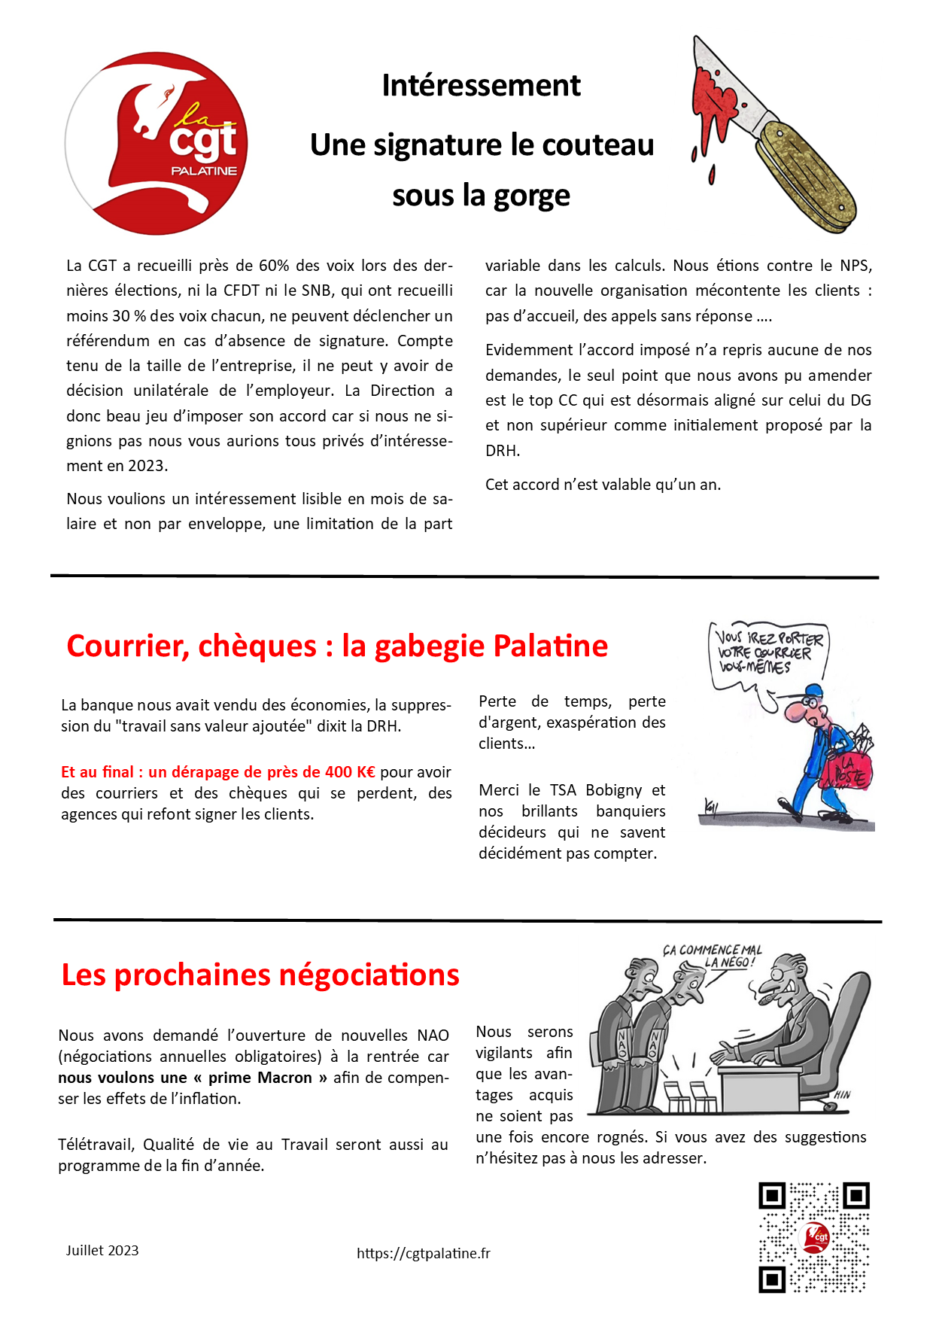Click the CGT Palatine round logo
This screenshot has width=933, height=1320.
click(157, 144)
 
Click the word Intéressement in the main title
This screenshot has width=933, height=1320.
click(481, 86)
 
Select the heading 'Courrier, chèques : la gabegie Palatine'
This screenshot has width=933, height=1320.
click(336, 646)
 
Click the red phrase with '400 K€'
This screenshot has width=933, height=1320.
click(218, 772)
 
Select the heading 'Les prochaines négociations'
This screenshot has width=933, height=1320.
click(260, 975)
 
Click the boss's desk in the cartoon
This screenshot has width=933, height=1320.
click(764, 1084)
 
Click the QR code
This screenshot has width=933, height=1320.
click(813, 1237)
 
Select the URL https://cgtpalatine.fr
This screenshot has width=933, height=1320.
click(424, 1253)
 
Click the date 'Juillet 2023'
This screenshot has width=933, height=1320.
click(102, 1251)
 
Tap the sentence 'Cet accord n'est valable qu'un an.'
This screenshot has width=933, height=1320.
click(603, 485)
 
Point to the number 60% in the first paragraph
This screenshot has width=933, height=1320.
click(274, 266)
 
